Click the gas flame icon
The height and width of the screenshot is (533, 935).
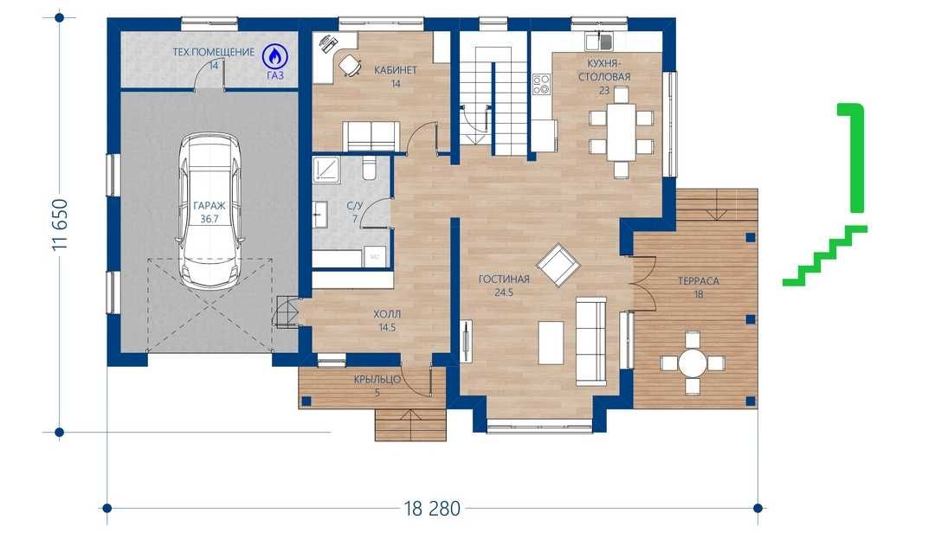(275, 56)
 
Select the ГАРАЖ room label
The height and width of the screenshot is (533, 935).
(210, 206)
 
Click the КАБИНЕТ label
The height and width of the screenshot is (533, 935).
(396, 70)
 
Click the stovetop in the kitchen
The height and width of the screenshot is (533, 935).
(541, 84)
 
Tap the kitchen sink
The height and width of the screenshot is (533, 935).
(599, 42)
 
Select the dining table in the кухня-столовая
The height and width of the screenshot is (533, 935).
(622, 132)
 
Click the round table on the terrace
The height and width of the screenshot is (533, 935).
(693, 362)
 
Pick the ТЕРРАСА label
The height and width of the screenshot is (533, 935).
(699, 281)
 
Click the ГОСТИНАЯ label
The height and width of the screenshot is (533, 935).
(504, 279)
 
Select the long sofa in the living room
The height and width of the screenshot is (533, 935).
(590, 341)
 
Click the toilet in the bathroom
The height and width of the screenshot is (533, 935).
(369, 168)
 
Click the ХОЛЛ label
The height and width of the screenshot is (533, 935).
(387, 314)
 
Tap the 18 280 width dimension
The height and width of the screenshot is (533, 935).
(432, 509)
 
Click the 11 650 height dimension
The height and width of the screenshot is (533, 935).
(61, 225)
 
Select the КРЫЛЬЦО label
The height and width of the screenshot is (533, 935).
(377, 379)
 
